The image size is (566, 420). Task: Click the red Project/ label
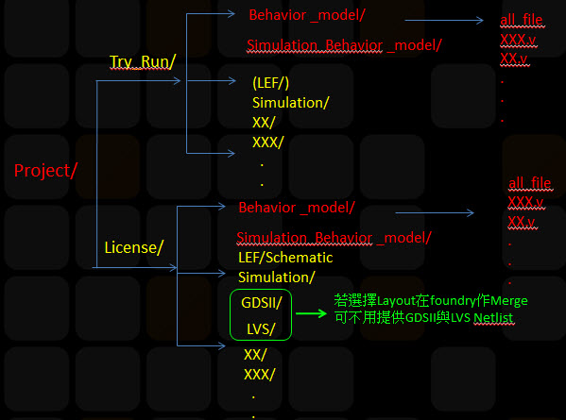tap(45, 171)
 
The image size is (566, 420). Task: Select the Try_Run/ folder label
tap(143, 61)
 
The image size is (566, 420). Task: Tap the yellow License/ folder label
tap(134, 247)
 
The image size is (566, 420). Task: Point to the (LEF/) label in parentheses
tap(271, 83)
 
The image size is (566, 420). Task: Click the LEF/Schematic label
tap(285, 258)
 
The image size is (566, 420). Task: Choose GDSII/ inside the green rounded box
tap(262, 303)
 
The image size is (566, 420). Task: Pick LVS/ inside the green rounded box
tap(261, 329)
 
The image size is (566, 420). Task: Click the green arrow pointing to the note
tap(311, 313)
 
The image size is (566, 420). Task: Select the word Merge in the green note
tap(509, 301)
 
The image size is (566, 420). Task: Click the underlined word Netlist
tap(493, 318)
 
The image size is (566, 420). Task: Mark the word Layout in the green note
tap(396, 301)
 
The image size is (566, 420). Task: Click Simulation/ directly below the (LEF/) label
tap(291, 103)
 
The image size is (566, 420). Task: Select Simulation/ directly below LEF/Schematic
tap(277, 277)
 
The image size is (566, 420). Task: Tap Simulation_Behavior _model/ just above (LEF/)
tap(344, 45)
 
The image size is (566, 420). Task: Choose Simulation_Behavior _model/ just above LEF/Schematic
tap(334, 238)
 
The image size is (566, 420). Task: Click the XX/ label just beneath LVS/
tap(255, 355)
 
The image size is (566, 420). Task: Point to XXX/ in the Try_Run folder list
tap(267, 143)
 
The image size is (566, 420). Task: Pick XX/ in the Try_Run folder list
tap(264, 123)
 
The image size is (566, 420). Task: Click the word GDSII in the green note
tap(420, 318)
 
